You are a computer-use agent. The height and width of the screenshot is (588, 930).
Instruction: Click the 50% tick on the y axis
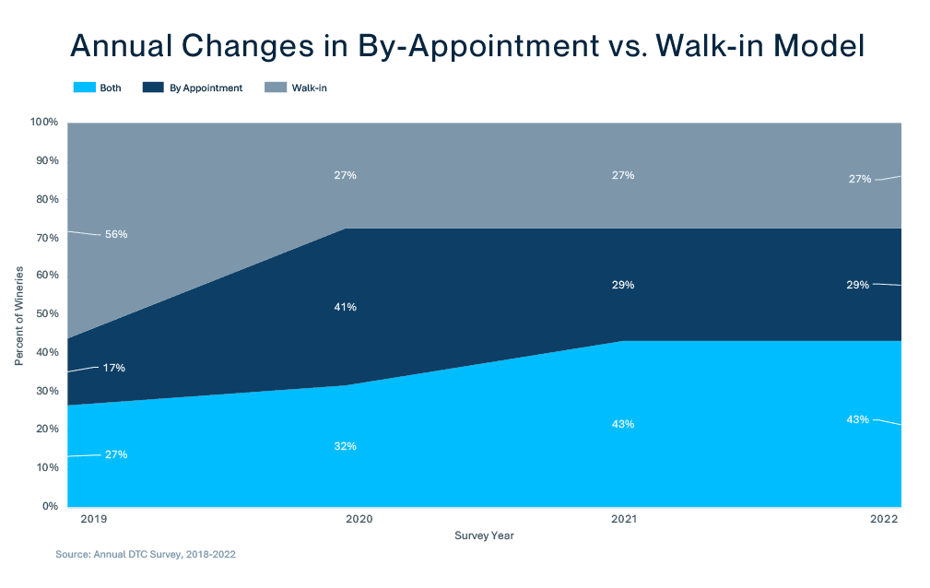pyautogui.click(x=47, y=314)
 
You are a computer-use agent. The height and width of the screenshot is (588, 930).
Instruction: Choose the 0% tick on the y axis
pyautogui.click(x=51, y=506)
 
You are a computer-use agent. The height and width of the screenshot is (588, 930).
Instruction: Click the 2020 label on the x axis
pyautogui.click(x=359, y=520)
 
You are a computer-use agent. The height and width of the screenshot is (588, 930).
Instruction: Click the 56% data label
pyautogui.click(x=116, y=234)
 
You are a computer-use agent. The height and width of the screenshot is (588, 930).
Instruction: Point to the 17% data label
pyautogui.click(x=114, y=368)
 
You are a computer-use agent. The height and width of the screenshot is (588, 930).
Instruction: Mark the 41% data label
pyautogui.click(x=346, y=306)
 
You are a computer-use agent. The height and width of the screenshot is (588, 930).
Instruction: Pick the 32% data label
pyautogui.click(x=346, y=446)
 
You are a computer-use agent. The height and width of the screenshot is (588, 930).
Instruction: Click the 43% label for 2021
pyautogui.click(x=623, y=424)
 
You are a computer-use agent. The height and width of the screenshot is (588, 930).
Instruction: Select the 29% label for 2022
pyautogui.click(x=858, y=285)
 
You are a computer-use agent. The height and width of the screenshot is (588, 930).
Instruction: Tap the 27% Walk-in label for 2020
pyautogui.click(x=346, y=175)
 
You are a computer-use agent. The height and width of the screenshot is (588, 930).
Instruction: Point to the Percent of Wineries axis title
pyautogui.click(x=19, y=314)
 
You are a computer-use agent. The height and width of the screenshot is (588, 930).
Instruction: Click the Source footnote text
pyautogui.click(x=151, y=556)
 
